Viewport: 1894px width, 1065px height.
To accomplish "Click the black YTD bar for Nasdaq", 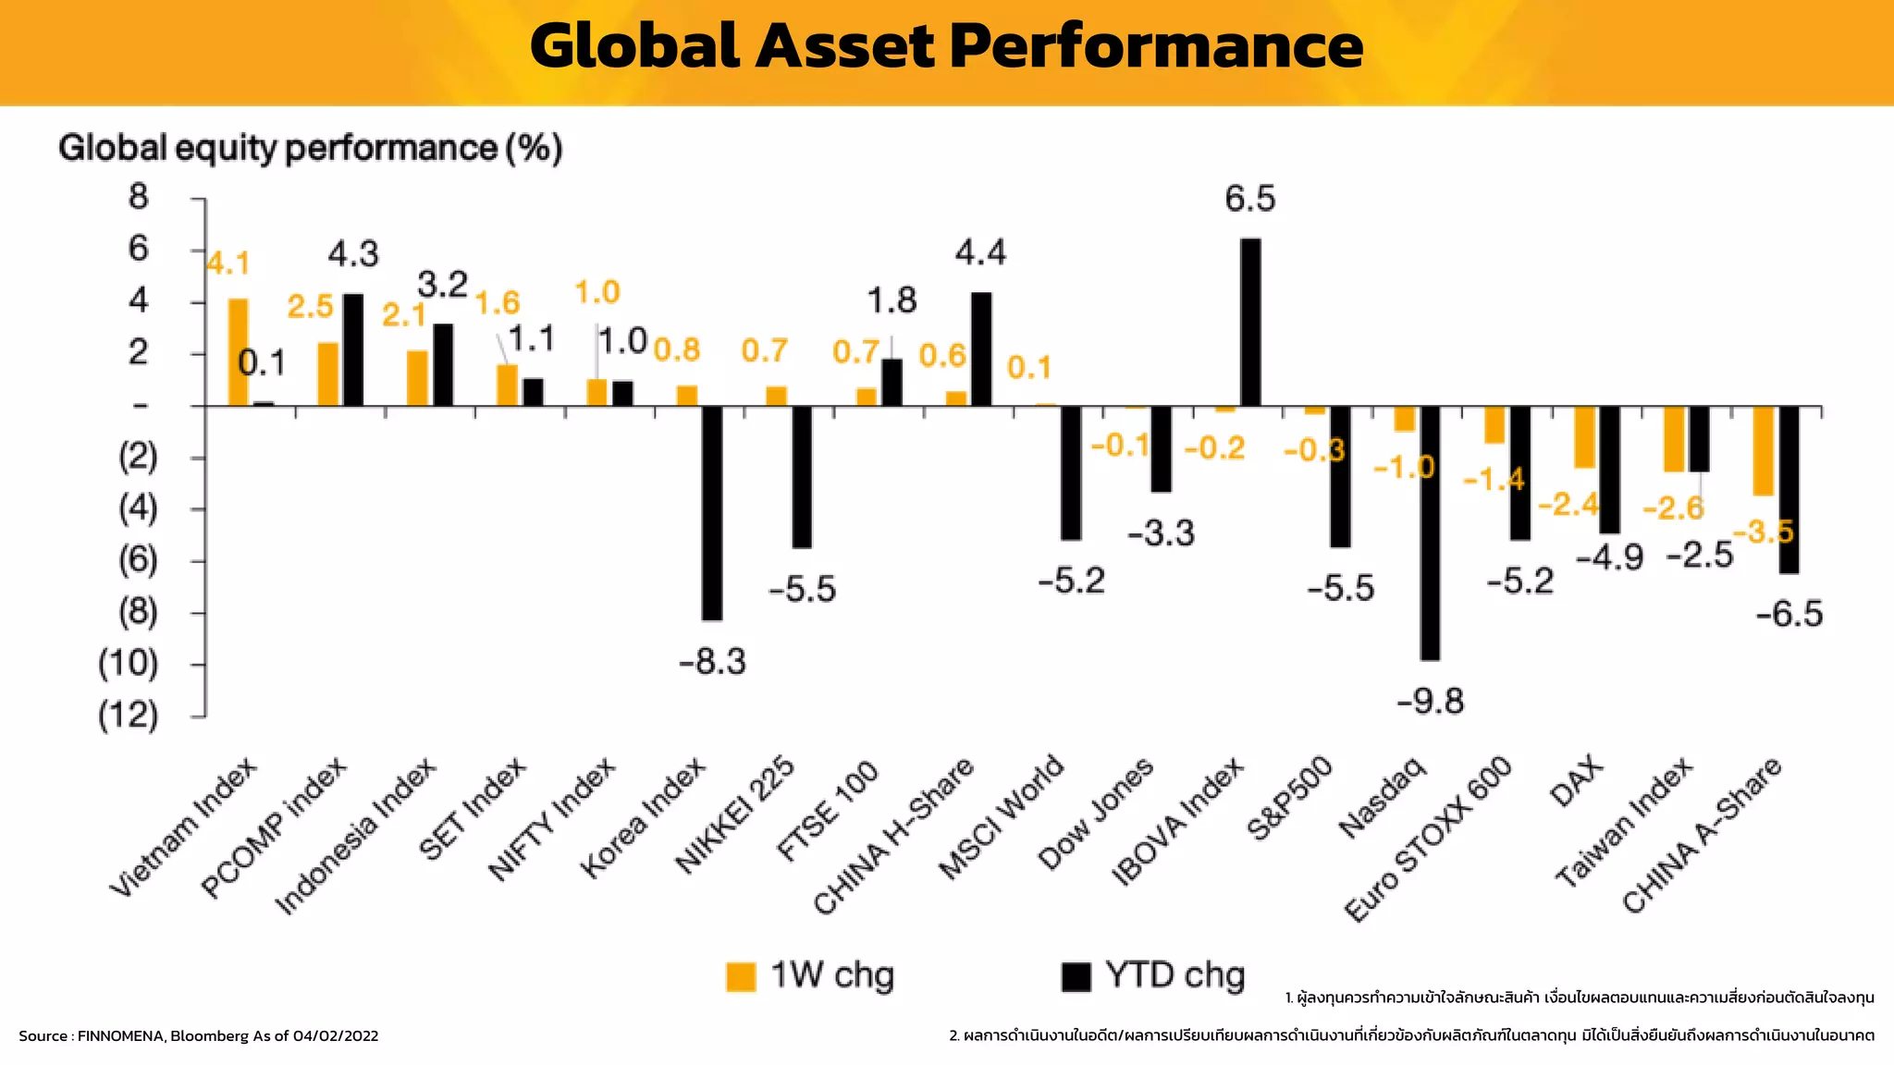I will (x=1430, y=533).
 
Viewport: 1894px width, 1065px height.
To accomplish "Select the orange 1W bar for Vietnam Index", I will (x=238, y=352).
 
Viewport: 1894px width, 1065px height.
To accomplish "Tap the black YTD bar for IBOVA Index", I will (x=1250, y=323).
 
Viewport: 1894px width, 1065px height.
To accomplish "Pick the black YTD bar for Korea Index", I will (x=712, y=513).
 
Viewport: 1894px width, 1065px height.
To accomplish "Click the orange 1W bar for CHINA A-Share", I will (x=1764, y=451).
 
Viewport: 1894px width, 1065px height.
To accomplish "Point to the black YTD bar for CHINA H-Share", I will (x=981, y=349).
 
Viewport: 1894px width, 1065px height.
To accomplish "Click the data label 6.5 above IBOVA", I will (x=1249, y=199).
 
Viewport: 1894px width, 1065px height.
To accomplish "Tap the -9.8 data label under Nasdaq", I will (x=1430, y=702).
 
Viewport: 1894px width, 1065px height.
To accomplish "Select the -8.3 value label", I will (x=712, y=662).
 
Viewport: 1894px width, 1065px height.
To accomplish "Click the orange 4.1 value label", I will (x=228, y=263).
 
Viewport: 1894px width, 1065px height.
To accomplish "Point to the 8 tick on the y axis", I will (x=139, y=197).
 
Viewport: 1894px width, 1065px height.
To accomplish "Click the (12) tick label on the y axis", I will (x=129, y=715).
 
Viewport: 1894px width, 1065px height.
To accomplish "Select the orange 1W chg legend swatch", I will (x=741, y=976).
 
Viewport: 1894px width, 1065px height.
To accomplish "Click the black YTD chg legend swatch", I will (x=1076, y=976).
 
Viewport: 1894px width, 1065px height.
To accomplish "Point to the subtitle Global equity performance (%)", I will (x=310, y=148).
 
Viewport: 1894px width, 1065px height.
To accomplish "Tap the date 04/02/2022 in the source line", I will (x=336, y=1035).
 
